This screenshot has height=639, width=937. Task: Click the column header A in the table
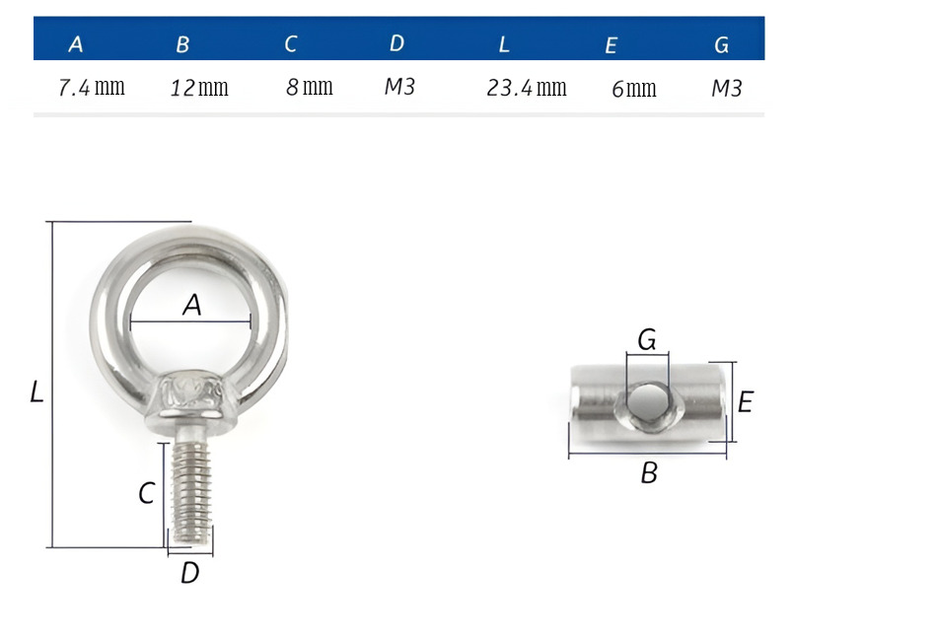(76, 44)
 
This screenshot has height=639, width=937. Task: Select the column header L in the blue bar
(504, 44)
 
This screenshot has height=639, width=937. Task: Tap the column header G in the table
(721, 44)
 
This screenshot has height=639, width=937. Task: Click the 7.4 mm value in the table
(92, 88)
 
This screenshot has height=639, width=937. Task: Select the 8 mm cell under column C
(309, 87)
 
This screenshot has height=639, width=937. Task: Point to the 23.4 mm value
(527, 88)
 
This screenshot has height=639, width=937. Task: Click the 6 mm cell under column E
(634, 89)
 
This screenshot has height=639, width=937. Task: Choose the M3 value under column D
(399, 87)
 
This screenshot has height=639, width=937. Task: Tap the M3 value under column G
(727, 89)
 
